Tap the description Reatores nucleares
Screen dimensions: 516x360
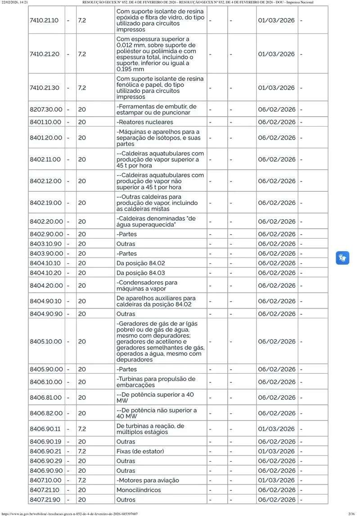tap(144, 122)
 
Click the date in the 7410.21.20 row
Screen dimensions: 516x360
tap(276, 54)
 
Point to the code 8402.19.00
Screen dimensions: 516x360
tap(45, 203)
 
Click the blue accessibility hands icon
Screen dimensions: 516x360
tap(342, 258)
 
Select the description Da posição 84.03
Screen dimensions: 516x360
tap(140, 273)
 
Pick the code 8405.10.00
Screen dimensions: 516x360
tap(45, 341)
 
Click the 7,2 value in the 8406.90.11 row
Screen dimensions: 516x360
tap(82, 429)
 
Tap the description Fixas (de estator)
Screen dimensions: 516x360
tap(140, 451)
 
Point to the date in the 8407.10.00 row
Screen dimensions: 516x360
tap(276, 480)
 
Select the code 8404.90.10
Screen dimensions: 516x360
tap(45, 301)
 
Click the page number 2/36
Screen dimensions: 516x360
tap(351, 513)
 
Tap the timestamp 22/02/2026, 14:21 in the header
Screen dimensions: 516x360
tap(15, 3)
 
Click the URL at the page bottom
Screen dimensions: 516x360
tap(69, 513)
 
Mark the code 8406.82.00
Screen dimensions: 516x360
tap(45, 413)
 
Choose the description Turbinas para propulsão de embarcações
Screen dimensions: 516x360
tap(156, 382)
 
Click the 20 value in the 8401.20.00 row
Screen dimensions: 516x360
tap(82, 138)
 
